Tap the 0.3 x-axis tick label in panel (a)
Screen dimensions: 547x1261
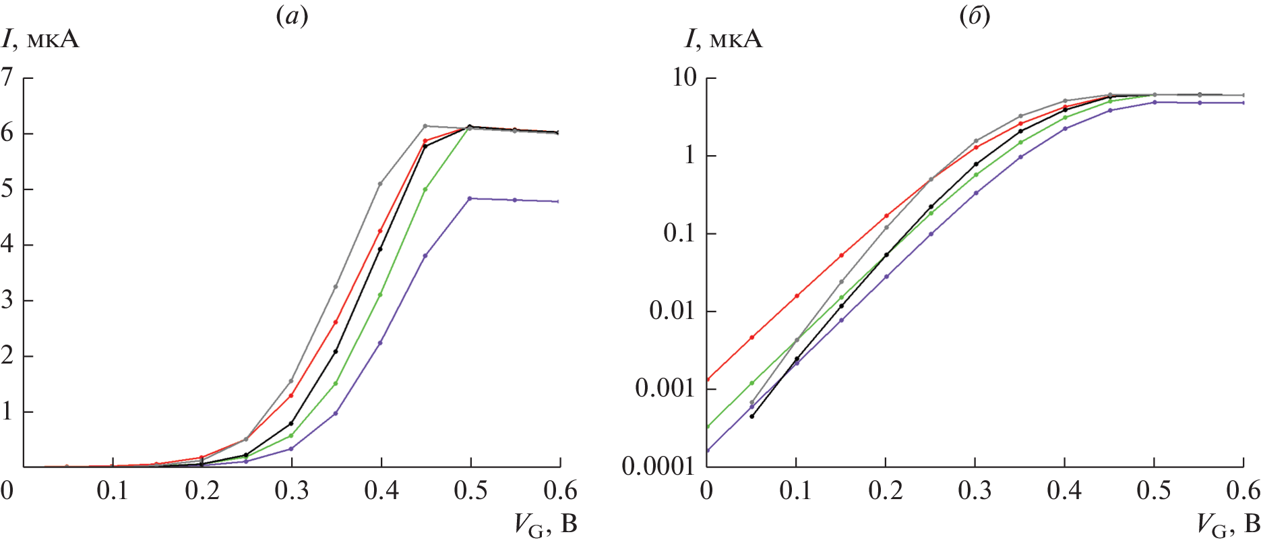(291, 490)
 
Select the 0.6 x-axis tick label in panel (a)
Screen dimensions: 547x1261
(560, 490)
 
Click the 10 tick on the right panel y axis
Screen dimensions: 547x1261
(683, 78)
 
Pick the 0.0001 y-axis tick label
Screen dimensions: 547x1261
(657, 466)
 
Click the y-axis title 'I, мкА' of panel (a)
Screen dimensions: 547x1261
(40, 39)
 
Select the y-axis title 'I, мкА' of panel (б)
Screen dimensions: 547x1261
(723, 39)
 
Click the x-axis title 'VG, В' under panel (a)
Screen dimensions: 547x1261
(546, 525)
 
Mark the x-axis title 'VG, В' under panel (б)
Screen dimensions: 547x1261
(1228, 525)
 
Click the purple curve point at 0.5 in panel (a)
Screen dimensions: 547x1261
(470, 198)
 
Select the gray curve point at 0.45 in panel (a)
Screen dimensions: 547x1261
(425, 126)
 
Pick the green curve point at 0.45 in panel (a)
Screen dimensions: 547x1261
(425, 190)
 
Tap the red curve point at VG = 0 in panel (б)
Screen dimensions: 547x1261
(706, 379)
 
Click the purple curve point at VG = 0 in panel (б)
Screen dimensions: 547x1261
(706, 450)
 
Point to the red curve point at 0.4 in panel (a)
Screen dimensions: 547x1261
(381, 231)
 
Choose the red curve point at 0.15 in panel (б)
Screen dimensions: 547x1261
(841, 255)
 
